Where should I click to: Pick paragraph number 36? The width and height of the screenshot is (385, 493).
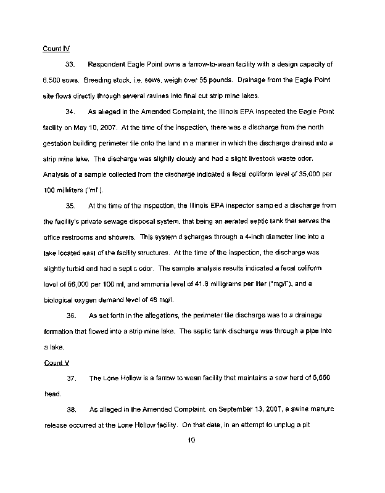[x=70, y=315]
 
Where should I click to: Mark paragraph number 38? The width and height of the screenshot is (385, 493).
[x=70, y=409]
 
